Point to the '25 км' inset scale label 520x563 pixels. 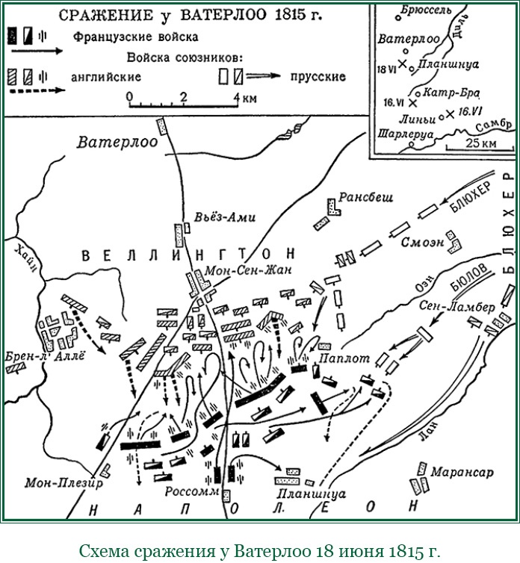480,143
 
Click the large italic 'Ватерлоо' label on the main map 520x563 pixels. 117,143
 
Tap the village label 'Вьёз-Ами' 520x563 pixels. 224,217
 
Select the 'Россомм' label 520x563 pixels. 191,492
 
